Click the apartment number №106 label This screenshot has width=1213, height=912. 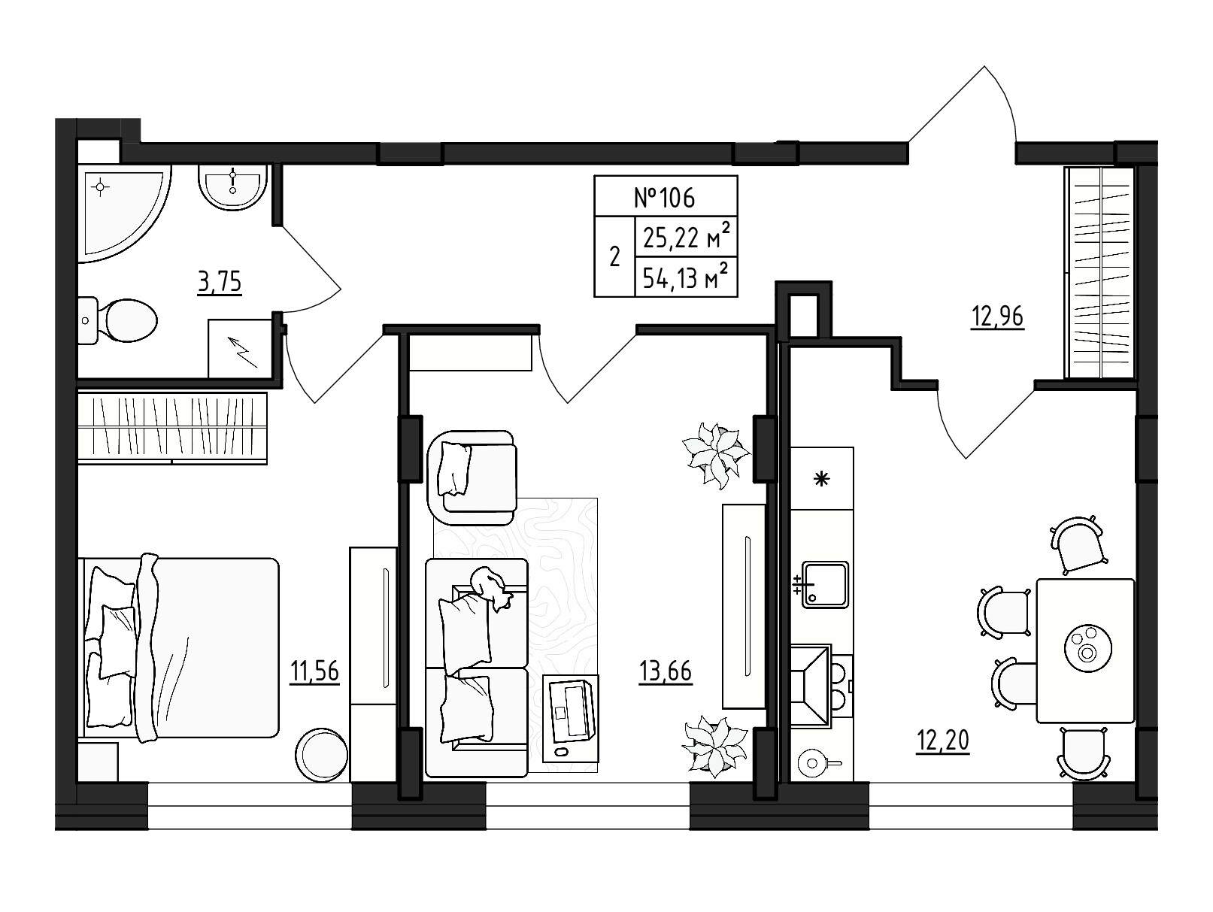click(664, 198)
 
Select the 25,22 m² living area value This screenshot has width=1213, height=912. click(687, 238)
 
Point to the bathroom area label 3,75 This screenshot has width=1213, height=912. click(220, 282)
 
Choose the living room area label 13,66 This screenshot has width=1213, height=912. click(666, 671)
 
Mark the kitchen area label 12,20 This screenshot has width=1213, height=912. click(943, 741)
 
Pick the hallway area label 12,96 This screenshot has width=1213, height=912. click(997, 317)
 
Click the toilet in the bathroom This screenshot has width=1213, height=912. click(118, 320)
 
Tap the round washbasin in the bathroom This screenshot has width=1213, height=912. click(232, 186)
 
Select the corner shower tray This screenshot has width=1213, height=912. click(123, 213)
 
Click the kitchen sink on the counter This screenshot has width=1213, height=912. click(825, 584)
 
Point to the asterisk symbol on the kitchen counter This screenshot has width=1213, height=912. click(822, 478)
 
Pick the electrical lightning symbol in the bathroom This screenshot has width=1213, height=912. click(244, 353)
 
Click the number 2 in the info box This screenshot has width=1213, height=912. click(614, 257)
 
